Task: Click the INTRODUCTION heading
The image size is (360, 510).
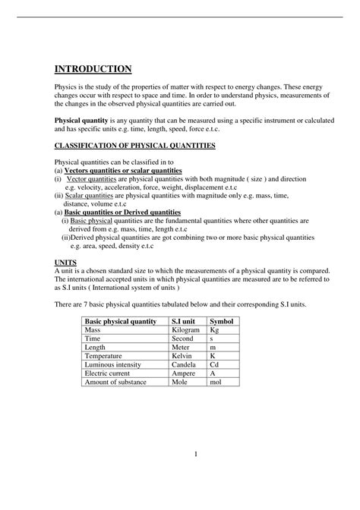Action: coord(93,69)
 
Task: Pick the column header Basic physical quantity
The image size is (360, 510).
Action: coord(121,322)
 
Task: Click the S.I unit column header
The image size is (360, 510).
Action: coord(185,322)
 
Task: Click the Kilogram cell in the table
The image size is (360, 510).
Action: coord(186,332)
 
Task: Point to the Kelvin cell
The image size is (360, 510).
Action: coord(182,355)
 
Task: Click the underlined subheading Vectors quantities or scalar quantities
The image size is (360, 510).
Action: coord(125,171)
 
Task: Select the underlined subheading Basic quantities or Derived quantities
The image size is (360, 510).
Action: coord(122,212)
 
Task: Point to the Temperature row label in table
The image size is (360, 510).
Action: coord(106,355)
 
